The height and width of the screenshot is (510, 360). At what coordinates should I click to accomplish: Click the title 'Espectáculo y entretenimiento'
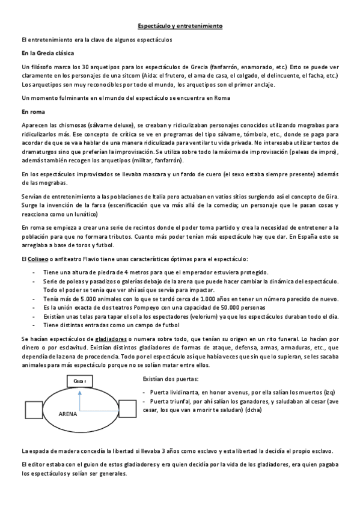click(180, 26)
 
